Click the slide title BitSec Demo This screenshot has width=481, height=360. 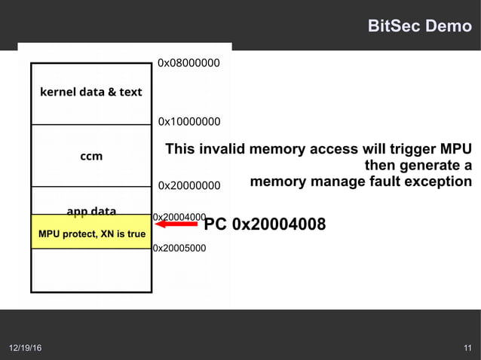point(418,26)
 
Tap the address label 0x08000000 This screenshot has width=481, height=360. point(188,63)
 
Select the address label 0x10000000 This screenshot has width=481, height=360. point(188,121)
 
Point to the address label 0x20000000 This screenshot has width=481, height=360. point(188,185)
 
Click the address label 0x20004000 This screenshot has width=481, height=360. point(179,217)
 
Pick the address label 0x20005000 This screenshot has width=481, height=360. point(179,246)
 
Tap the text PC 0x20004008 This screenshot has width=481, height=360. point(265,224)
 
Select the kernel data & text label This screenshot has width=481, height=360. point(90,92)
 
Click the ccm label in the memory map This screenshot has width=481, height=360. point(91,157)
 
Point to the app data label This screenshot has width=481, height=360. point(91,210)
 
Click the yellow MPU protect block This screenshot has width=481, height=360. point(91,233)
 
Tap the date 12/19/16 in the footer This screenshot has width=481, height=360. point(26,348)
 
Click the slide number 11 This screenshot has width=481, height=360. point(467,348)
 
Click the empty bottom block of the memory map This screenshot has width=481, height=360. point(91,270)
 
